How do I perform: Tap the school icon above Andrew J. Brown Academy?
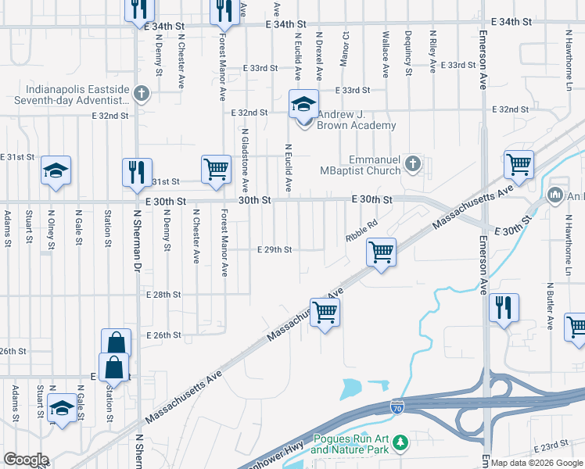(303, 103)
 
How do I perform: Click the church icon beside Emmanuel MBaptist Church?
(413, 163)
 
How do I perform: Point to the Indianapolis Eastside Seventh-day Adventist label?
(75, 95)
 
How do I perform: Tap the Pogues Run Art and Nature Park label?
(350, 444)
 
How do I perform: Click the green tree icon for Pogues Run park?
(400, 444)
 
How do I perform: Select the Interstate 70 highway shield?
(397, 406)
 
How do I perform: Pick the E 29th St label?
(275, 250)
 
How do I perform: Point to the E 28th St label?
(163, 295)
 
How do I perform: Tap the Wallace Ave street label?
(385, 55)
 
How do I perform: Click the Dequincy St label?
(408, 53)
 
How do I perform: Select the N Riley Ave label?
(432, 52)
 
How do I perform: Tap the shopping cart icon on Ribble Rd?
(381, 252)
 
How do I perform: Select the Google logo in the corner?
(26, 460)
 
